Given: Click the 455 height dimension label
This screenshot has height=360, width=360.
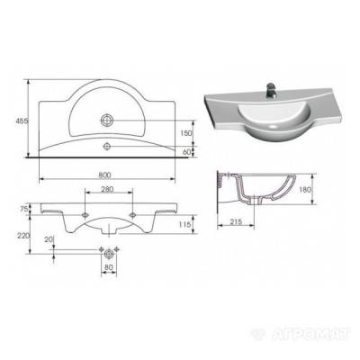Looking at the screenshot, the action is pyautogui.click(x=22, y=121).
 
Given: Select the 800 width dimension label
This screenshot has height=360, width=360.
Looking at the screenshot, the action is pyautogui.click(x=105, y=175).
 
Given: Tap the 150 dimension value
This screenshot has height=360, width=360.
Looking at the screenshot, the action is pyautogui.click(x=186, y=133).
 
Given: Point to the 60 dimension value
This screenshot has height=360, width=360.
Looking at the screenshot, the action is pyautogui.click(x=186, y=152).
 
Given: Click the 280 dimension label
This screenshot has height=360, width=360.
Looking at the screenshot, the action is pyautogui.click(x=107, y=189).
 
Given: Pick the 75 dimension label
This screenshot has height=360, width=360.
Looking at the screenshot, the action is pyautogui.click(x=24, y=209).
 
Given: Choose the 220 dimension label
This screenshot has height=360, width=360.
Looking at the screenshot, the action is pyautogui.click(x=23, y=236).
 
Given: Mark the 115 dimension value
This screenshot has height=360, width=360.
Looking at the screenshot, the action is pyautogui.click(x=185, y=224).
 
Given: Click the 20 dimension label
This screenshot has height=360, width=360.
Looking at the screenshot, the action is pyautogui.click(x=49, y=239).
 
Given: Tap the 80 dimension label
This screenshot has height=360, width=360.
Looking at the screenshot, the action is pyautogui.click(x=109, y=266).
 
